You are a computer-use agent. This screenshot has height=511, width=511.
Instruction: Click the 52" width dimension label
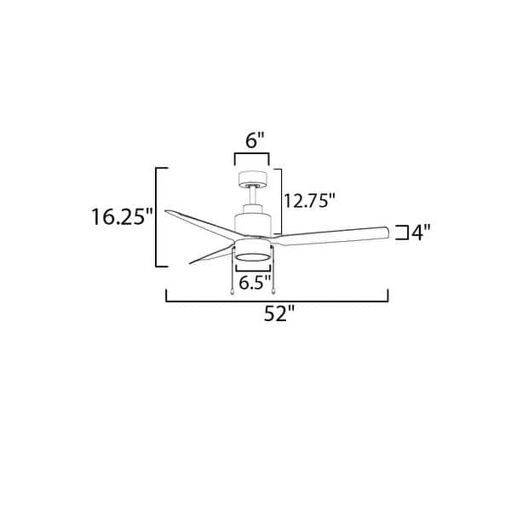277,313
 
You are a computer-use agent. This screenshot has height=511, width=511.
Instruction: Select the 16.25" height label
121,217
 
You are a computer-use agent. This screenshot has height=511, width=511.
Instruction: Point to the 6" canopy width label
253,141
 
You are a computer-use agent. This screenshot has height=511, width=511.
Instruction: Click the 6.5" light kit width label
254,282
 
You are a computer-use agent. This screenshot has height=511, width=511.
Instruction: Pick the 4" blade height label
416,232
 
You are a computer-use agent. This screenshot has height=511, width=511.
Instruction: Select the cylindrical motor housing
253,222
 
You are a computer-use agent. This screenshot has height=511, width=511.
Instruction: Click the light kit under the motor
253,254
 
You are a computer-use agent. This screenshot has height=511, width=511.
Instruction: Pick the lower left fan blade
209,253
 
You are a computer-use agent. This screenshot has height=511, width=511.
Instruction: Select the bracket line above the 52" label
277,299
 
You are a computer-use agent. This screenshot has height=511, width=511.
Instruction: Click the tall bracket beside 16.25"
156,217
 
